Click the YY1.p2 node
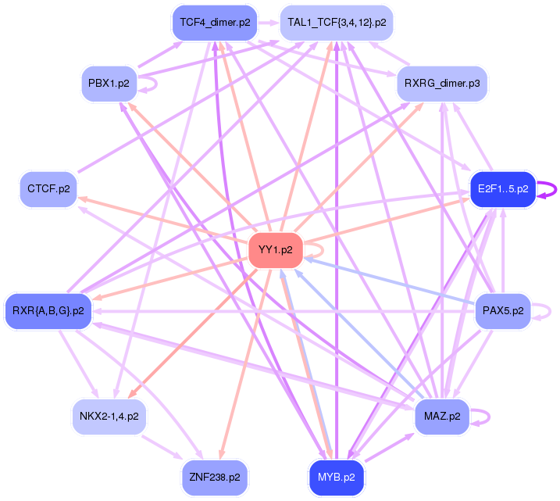275,250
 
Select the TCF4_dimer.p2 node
215,22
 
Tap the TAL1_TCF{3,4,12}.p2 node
337,22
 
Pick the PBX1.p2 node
109,83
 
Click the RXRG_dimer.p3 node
442,83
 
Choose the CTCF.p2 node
48,189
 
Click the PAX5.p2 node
502,311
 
